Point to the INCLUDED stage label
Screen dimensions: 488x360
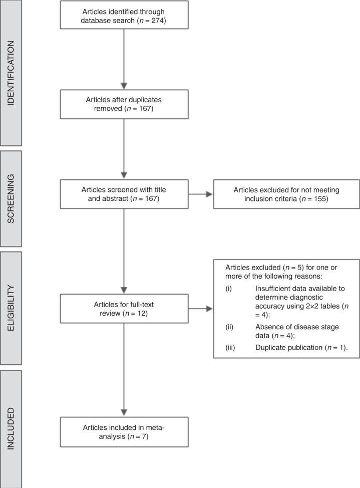click(x=11, y=429)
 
